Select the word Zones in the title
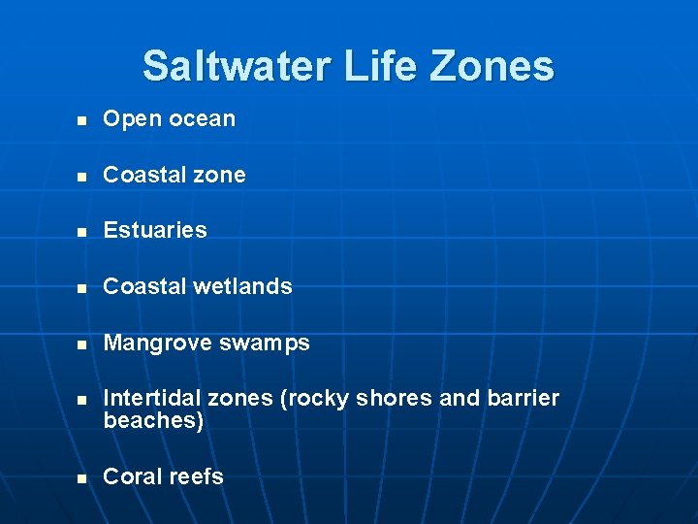pyautogui.click(x=494, y=66)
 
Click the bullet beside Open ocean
pyautogui.click(x=82, y=121)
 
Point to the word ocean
pyautogui.click(x=202, y=119)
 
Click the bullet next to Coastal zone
pyautogui.click(x=82, y=178)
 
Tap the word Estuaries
pyautogui.click(x=155, y=230)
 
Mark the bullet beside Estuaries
pyautogui.click(x=82, y=233)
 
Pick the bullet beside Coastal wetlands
pyautogui.click(x=82, y=289)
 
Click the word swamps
pyautogui.click(x=263, y=344)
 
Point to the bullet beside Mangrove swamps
pyautogui.click(x=82, y=345)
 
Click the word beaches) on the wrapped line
pyautogui.click(x=153, y=420)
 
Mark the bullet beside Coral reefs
pyautogui.click(x=82, y=479)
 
